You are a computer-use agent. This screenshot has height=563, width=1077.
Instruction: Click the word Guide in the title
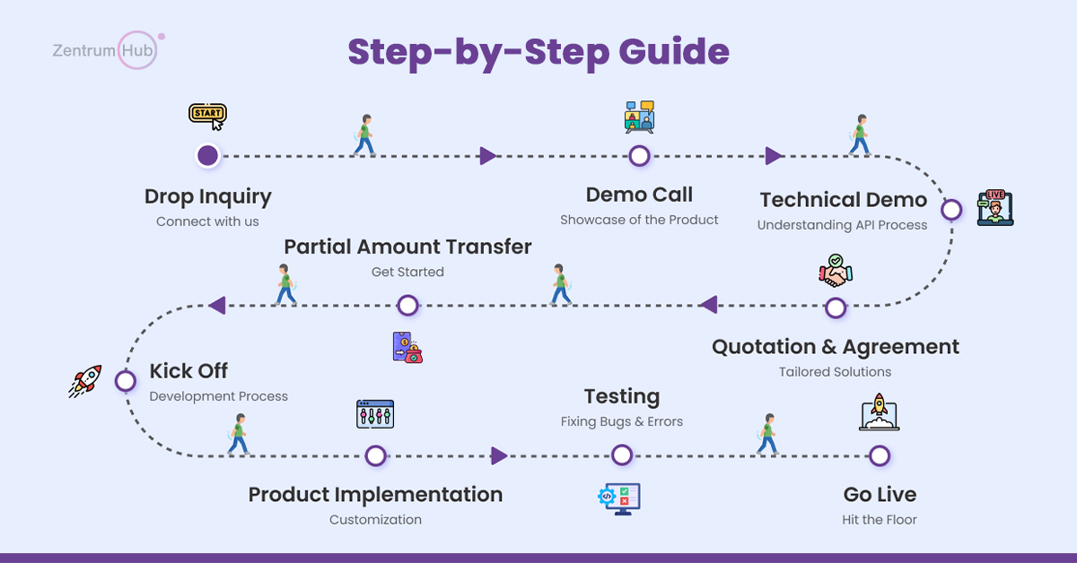674,52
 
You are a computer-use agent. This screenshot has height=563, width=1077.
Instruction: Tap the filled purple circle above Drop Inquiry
207,156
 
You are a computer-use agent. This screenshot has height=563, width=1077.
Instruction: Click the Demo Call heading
639,195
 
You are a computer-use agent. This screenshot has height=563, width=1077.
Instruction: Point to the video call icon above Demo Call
639,117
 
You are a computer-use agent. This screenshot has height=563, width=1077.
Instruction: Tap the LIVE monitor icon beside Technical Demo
994,207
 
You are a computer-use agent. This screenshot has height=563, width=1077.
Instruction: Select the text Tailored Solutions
835,371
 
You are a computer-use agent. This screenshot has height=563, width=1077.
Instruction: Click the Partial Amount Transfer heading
407,247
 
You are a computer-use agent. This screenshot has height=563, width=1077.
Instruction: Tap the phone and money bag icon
407,347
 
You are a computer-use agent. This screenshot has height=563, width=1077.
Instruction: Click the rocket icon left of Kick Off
86,380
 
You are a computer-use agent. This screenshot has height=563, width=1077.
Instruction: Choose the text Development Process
218,396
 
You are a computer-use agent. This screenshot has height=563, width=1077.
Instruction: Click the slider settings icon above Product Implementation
375,414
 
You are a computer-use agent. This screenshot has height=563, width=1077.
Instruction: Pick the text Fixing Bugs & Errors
621,421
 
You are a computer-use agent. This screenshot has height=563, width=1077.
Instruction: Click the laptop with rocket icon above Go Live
879,413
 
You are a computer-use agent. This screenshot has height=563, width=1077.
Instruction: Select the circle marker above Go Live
880,456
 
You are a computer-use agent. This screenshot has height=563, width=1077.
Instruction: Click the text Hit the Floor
880,520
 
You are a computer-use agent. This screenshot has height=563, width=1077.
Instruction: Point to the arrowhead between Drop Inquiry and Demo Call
487,156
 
